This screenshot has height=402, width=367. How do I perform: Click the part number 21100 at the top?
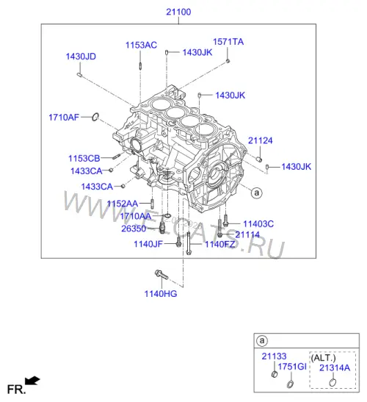click(x=178, y=12)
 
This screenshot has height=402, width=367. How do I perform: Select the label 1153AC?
click(x=141, y=45)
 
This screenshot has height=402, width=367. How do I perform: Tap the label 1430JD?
click(x=81, y=57)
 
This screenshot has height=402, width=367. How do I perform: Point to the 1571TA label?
click(x=228, y=42)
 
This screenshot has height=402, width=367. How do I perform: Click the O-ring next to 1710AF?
click(x=95, y=117)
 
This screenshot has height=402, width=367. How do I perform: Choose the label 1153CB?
click(x=84, y=159)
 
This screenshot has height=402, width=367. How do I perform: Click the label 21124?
click(x=261, y=140)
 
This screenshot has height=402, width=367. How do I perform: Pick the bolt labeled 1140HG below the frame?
click(x=161, y=275)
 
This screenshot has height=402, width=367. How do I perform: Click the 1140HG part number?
click(x=161, y=294)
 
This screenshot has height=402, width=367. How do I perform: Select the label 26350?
click(x=134, y=229)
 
